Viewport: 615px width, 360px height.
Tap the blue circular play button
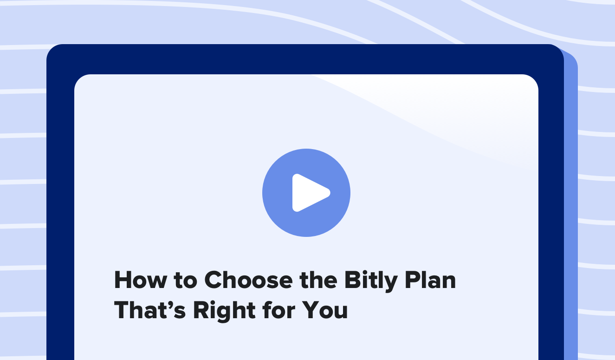[x=306, y=193]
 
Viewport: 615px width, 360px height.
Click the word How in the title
[x=140, y=280]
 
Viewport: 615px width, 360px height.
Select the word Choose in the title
[x=248, y=280]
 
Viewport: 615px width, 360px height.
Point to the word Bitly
[x=371, y=281]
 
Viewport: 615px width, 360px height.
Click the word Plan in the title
[x=431, y=280]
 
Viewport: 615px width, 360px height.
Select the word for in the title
[x=278, y=310]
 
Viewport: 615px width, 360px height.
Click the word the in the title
[x=318, y=280]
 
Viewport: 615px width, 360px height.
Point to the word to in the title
[x=185, y=281]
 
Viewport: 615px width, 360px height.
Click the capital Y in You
[x=311, y=310]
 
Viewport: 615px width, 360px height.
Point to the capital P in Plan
[x=413, y=280]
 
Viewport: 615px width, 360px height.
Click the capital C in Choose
[x=214, y=280]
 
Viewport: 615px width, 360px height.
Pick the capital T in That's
[x=123, y=310]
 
